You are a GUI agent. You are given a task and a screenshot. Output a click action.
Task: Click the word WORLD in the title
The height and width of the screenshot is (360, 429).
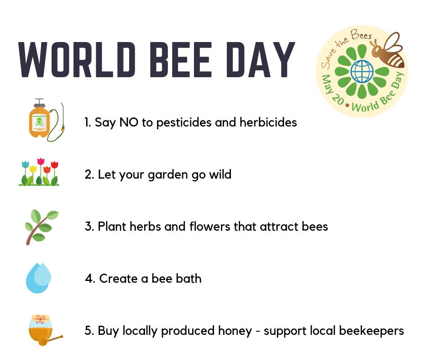(x=73, y=59)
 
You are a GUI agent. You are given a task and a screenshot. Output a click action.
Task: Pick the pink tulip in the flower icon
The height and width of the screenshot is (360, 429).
(x=41, y=163)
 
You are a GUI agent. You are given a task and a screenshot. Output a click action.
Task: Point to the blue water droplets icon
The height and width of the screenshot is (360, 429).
(x=38, y=277)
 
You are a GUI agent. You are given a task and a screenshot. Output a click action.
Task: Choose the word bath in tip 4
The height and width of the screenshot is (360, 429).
(x=189, y=278)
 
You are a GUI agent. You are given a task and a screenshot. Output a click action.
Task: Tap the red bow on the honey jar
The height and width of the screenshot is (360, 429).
(x=40, y=318)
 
